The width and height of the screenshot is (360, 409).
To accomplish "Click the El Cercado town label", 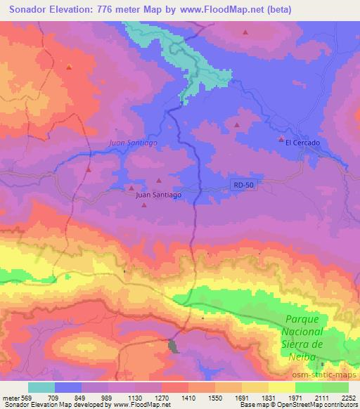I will coord(302,143).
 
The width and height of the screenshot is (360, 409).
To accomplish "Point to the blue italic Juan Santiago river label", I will coord(134,142).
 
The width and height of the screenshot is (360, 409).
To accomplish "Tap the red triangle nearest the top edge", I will coord(245,32).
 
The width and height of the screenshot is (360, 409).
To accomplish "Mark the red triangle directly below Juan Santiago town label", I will coord(144,205).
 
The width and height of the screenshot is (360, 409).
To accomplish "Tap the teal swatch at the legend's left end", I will coord(41,387).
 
